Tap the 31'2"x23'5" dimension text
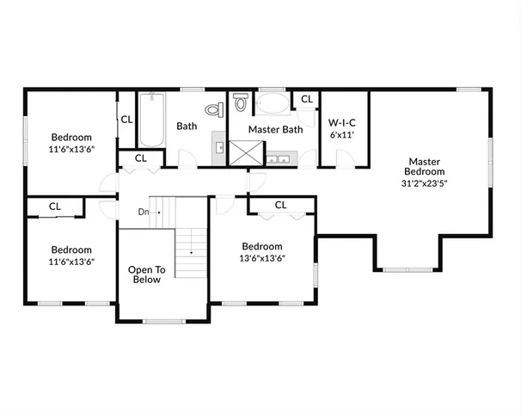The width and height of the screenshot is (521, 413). click(425, 182)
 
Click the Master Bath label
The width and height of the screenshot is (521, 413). click(275, 130)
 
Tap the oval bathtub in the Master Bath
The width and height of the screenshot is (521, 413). click(274, 106)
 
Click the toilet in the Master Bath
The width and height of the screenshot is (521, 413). click(242, 104)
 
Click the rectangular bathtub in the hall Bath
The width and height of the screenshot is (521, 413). click(151, 120)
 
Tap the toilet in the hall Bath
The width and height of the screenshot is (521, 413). click(215, 108)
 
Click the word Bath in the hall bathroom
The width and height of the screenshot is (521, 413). click(187, 126)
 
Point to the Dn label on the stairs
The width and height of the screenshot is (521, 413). click(144, 212)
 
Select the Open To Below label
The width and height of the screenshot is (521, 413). click(146, 274)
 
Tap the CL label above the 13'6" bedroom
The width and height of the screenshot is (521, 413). click(280, 205)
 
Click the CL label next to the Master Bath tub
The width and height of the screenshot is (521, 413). click(306, 100)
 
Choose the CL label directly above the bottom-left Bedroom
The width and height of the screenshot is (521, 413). click(54, 206)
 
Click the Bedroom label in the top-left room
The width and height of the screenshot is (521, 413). click(71, 137)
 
